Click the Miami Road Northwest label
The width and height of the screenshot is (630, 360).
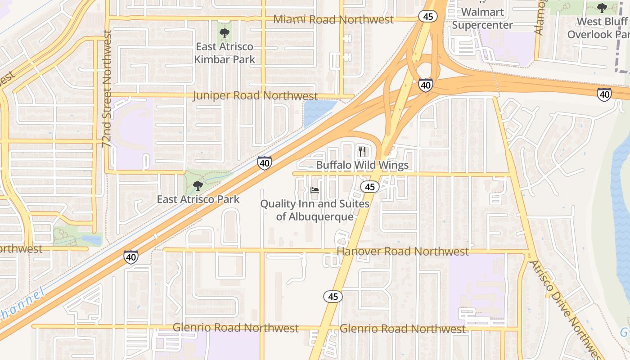[x=333, y=19]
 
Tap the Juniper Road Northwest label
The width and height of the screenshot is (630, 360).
[x=256, y=96]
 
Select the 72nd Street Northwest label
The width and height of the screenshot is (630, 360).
[x=107, y=89]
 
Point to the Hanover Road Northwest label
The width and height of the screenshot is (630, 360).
[x=402, y=252]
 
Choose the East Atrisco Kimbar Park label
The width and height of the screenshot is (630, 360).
[x=225, y=53]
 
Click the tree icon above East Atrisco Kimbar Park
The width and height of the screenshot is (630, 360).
[x=224, y=33]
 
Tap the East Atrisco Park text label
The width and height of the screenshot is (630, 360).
[x=198, y=199]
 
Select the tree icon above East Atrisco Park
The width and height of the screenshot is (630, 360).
[x=198, y=185]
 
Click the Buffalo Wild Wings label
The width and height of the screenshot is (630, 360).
[x=362, y=165]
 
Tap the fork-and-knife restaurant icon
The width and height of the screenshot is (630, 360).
[x=362, y=152]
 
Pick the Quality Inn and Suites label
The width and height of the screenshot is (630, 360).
[x=315, y=210]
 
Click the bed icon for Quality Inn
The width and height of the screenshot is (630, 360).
[x=315, y=190]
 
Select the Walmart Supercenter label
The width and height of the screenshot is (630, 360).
[x=482, y=18]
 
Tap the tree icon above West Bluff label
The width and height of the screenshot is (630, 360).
[x=602, y=8]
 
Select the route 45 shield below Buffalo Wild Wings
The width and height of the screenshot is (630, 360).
[x=370, y=187]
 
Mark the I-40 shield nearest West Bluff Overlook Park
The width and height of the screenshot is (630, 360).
[x=604, y=94]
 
